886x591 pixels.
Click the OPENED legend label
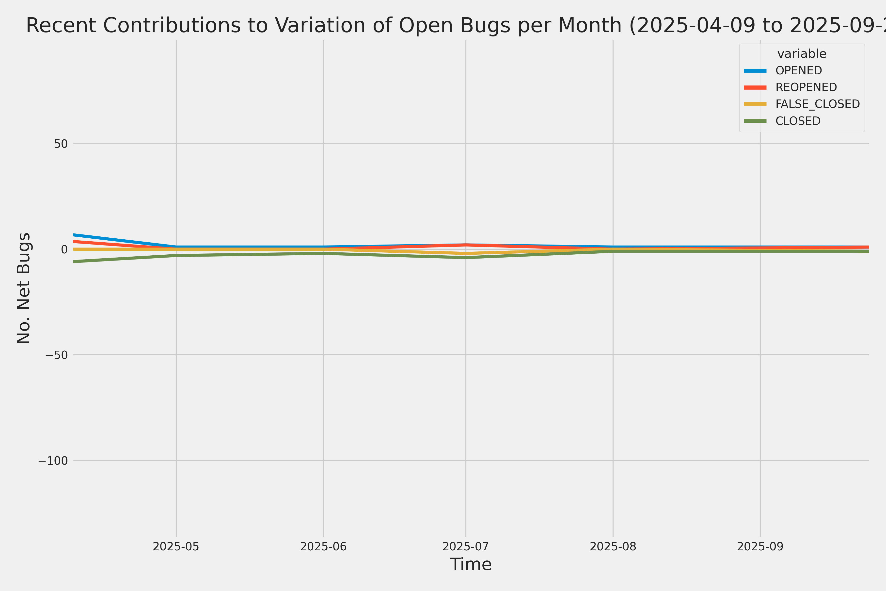tap(799, 70)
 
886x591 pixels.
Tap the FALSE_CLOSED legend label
tap(817, 104)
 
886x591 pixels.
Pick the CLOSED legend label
tap(798, 121)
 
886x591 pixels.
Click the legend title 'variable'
tap(802, 54)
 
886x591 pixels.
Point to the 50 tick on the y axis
tap(61, 144)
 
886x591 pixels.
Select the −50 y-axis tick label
tap(57, 355)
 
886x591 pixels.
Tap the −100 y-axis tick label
tap(53, 460)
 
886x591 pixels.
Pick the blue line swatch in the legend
tap(755, 70)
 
